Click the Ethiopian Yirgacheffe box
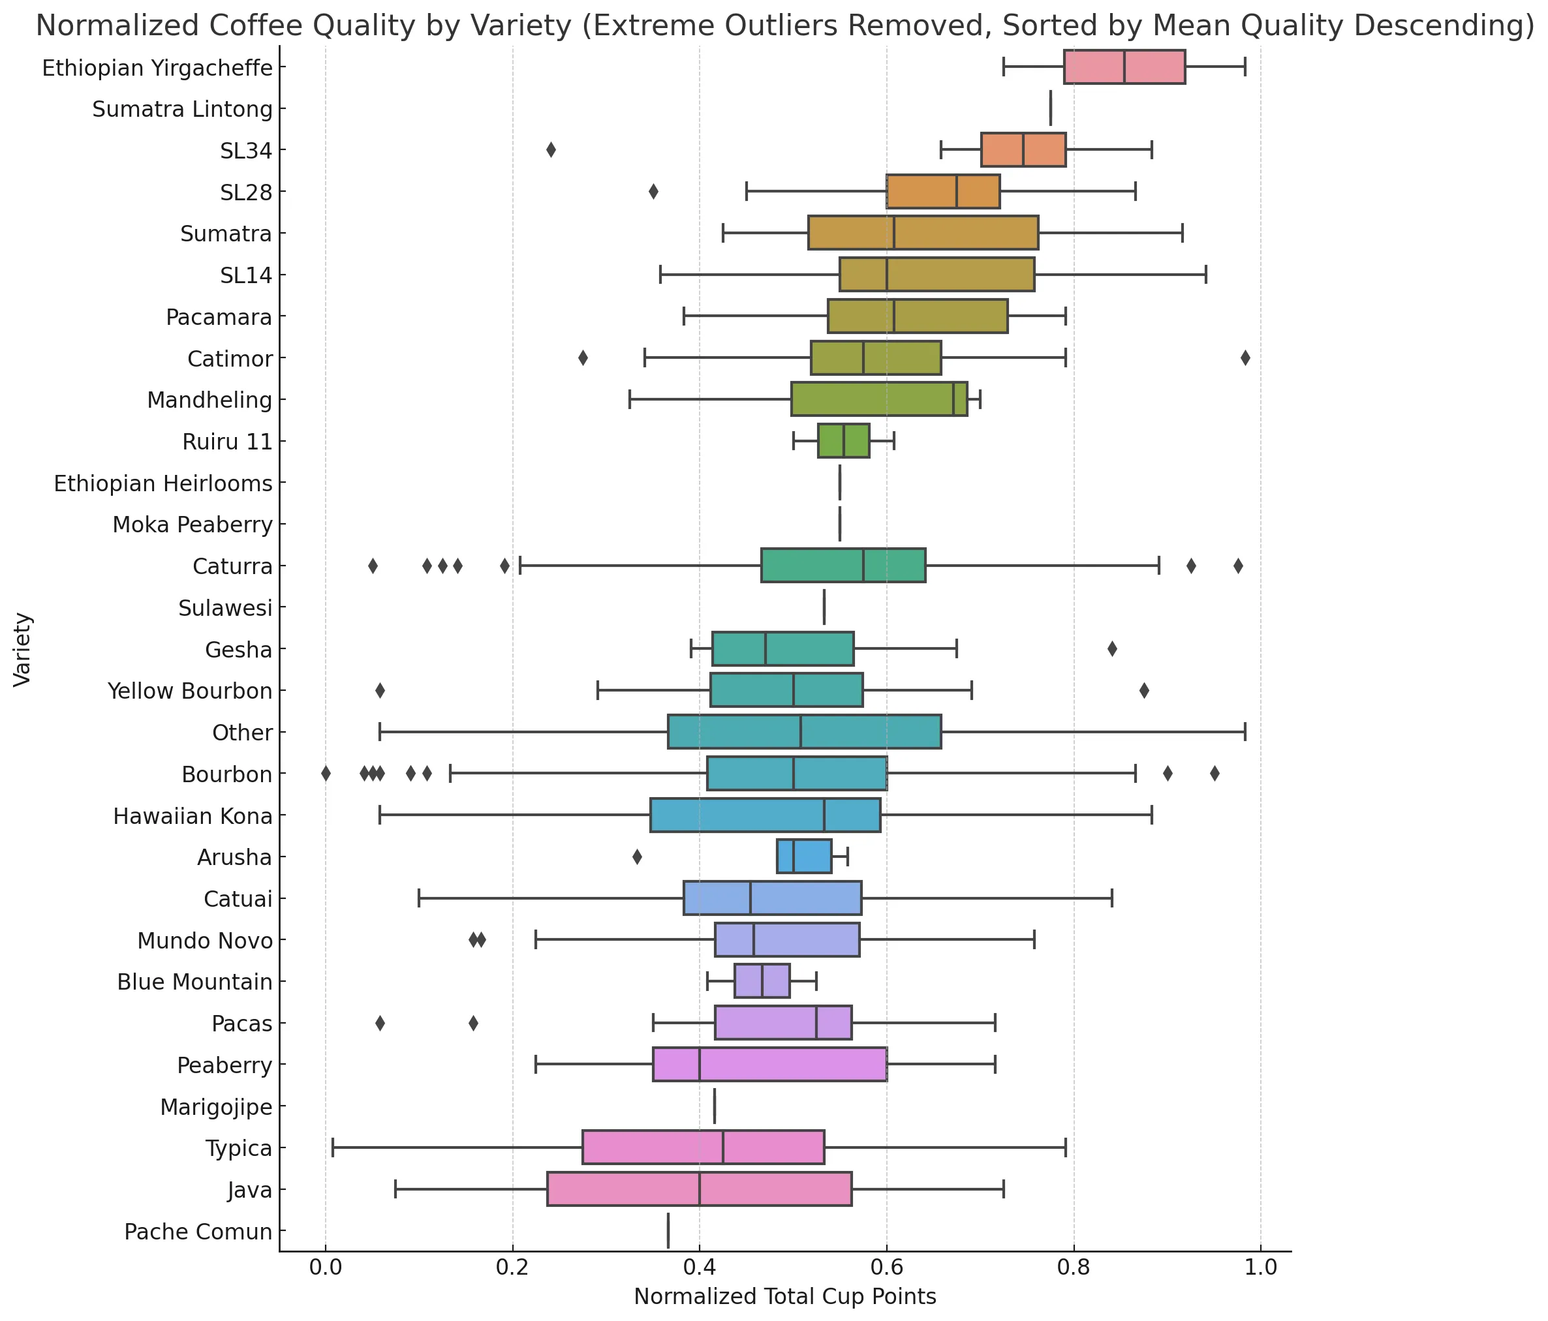pyautogui.click(x=1124, y=67)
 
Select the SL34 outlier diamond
pyautogui.click(x=551, y=150)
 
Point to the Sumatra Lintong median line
pyautogui.click(x=1051, y=109)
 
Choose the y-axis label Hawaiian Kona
pyautogui.click(x=193, y=816)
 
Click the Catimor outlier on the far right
pyautogui.click(x=1245, y=358)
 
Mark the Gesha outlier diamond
pyautogui.click(x=1111, y=649)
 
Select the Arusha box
pyautogui.click(x=804, y=857)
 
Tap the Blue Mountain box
pyautogui.click(x=762, y=981)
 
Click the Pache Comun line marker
pyautogui.click(x=668, y=1230)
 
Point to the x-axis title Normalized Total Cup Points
pyautogui.click(x=784, y=1297)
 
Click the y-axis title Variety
pyautogui.click(x=22, y=649)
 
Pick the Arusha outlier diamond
pyautogui.click(x=636, y=857)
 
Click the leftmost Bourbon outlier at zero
pyautogui.click(x=326, y=774)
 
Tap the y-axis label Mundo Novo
pyautogui.click(x=205, y=940)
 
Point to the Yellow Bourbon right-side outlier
pyautogui.click(x=1144, y=691)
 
